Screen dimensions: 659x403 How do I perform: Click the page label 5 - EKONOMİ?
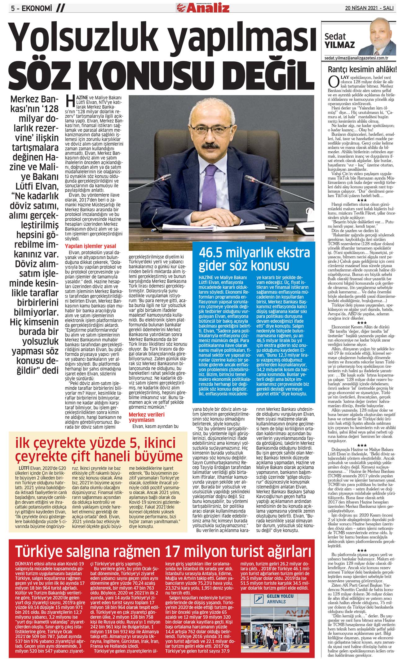31,8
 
